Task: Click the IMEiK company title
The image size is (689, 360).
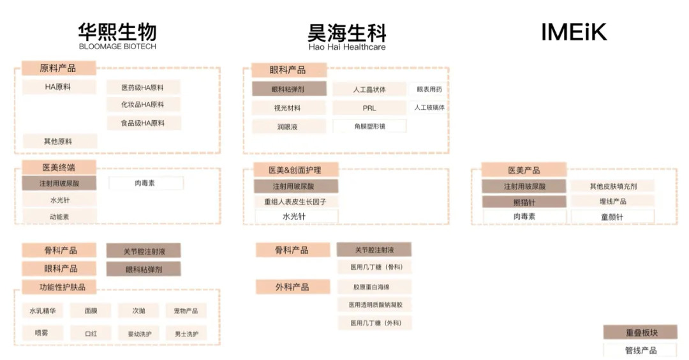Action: tap(574, 32)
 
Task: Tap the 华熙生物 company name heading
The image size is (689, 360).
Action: tap(117, 31)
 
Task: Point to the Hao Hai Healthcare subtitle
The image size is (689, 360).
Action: tap(346, 47)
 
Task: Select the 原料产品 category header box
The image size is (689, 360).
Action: tap(58, 68)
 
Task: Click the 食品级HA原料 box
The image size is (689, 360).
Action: tap(143, 123)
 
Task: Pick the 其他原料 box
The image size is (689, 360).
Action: tap(58, 141)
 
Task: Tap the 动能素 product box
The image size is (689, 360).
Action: tap(59, 216)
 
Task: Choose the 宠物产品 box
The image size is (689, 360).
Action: tap(186, 311)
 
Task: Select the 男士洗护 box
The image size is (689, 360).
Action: tap(186, 333)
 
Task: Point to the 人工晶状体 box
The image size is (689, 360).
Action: tap(369, 89)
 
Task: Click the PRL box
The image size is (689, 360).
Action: tap(369, 108)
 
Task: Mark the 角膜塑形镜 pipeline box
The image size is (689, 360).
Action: tap(369, 126)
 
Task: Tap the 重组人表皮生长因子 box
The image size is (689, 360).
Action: tap(296, 202)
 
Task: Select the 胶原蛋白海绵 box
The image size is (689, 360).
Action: tap(374, 287)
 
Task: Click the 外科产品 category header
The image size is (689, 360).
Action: tap(292, 287)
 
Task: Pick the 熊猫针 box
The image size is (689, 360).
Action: tap(524, 202)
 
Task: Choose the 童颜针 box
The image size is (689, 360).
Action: tap(612, 217)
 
